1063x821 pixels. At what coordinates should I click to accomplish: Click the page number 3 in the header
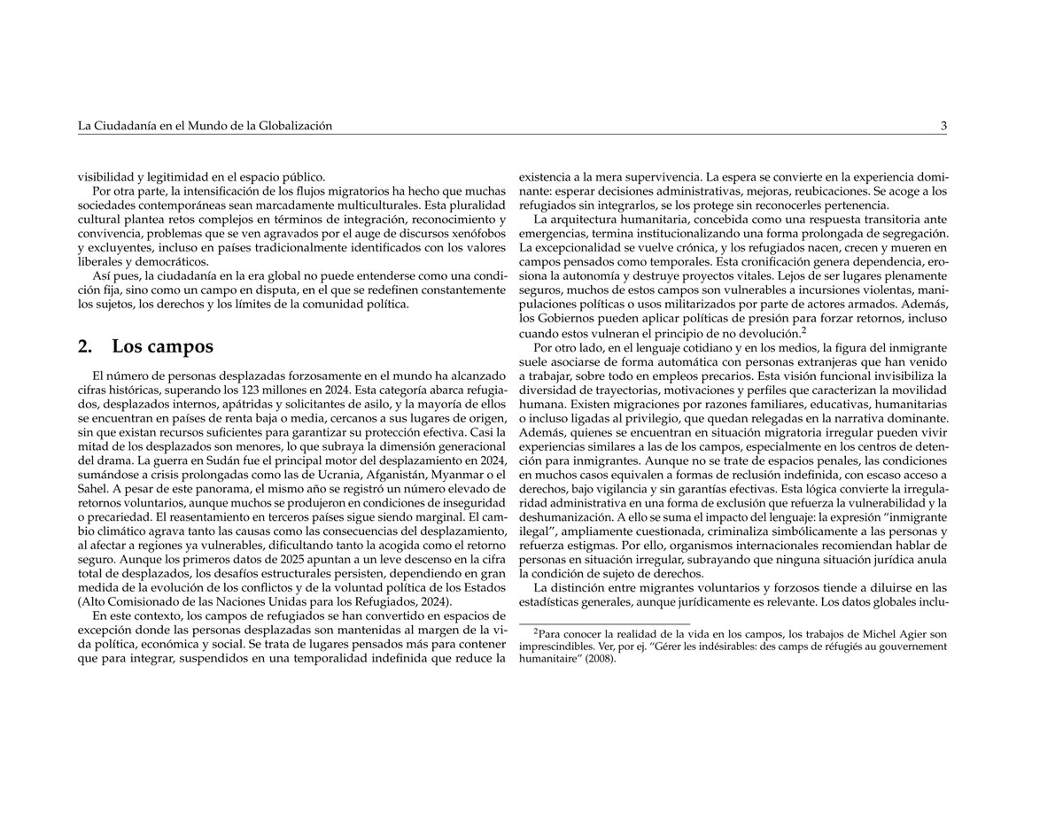pyautogui.click(x=943, y=126)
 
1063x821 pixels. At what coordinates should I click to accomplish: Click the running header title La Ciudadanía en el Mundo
pyautogui.click(x=205, y=126)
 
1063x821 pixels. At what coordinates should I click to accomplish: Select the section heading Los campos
pyautogui.click(x=162, y=346)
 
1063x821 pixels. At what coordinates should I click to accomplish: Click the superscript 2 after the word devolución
pyautogui.click(x=803, y=329)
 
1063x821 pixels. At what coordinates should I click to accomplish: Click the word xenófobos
pyautogui.click(x=473, y=232)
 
